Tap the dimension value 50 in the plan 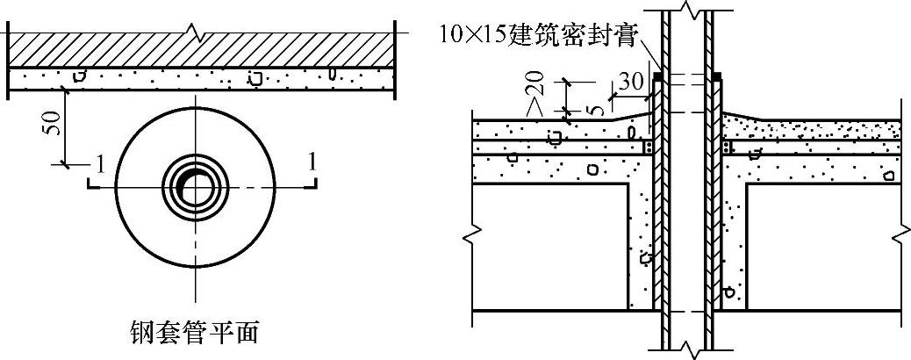pyautogui.click(x=53, y=125)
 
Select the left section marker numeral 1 pyautogui.click(x=101, y=162)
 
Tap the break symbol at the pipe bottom pyautogui.click(x=690, y=351)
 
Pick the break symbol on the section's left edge pyautogui.click(x=473, y=234)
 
